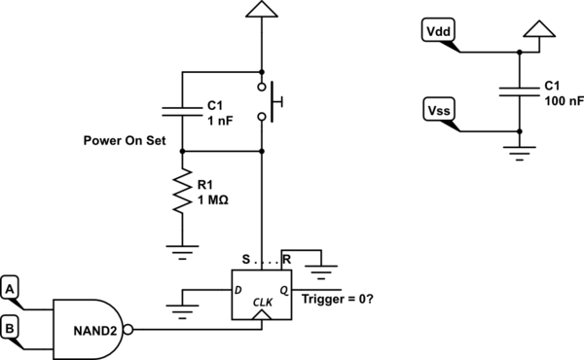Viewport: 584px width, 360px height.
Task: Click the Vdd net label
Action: pos(438,30)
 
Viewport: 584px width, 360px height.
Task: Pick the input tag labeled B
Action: pos(10,328)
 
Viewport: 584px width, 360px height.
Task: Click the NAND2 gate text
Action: pos(95,331)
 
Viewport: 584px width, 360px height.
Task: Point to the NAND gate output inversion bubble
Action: pos(128,330)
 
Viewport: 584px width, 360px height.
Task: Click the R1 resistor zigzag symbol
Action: pos(182,191)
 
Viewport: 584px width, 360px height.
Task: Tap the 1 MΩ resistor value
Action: pos(212,200)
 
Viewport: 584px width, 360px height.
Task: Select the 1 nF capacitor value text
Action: pos(220,121)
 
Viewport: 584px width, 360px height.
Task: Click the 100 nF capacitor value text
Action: pos(564,101)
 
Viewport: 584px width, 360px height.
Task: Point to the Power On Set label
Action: pos(125,140)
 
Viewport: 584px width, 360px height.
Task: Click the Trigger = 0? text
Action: pos(338,299)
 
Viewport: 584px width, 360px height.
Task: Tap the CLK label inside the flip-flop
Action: pos(263,303)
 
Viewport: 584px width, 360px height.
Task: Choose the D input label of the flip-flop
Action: pos(238,290)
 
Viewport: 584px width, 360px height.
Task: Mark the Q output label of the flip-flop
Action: pos(284,290)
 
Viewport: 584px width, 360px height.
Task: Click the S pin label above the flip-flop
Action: pos(246,259)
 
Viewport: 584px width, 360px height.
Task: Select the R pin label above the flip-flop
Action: pos(286,259)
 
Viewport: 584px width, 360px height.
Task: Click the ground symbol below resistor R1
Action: pos(182,252)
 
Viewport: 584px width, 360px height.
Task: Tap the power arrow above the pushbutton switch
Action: pos(262,9)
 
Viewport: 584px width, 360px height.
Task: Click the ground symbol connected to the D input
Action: pos(182,312)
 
